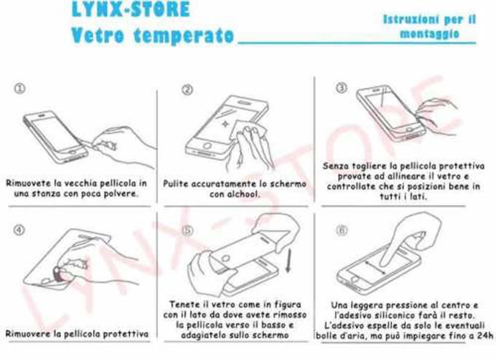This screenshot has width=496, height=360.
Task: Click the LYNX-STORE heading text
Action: click(x=130, y=9)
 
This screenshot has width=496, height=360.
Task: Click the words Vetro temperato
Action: click(x=152, y=35)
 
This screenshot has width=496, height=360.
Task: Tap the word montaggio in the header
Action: click(x=429, y=33)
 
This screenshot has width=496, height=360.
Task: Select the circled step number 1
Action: click(x=19, y=88)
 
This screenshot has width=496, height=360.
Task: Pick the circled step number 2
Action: click(x=187, y=90)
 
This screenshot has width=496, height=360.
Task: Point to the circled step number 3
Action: click(x=341, y=88)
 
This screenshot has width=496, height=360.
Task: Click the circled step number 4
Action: click(x=19, y=230)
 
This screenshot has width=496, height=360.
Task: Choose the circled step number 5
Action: click(x=187, y=230)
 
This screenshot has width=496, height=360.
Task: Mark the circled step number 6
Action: click(x=342, y=230)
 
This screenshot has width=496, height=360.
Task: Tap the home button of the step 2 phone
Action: click(x=207, y=146)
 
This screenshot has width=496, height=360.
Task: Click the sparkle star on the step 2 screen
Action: click(x=225, y=123)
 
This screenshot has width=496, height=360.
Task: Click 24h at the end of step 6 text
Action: click(x=485, y=335)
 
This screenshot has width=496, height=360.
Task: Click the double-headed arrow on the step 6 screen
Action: click(x=376, y=268)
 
